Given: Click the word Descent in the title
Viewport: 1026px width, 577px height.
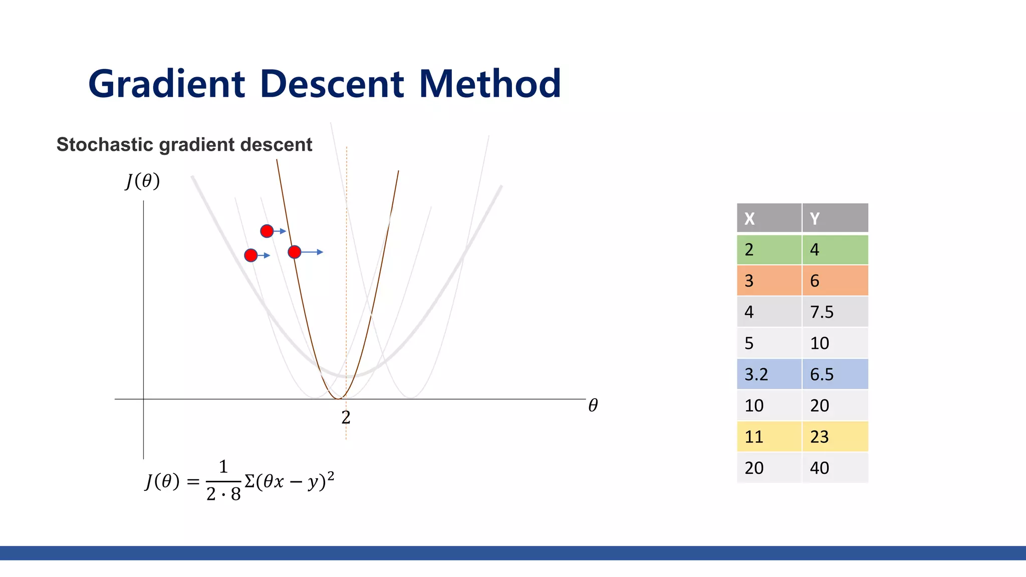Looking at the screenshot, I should tap(332, 84).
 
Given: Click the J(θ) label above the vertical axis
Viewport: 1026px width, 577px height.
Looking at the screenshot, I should tap(143, 181).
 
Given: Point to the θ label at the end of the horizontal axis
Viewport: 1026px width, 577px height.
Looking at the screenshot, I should tap(593, 405).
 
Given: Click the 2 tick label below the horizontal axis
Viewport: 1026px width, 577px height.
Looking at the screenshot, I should tap(346, 417).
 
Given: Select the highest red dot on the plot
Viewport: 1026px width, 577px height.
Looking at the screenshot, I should tap(267, 231).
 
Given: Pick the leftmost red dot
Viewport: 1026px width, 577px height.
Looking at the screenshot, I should tap(251, 255).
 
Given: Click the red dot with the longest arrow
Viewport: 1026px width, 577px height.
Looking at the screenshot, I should tap(295, 252).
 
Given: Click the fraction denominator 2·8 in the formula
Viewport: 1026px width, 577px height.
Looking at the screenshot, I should tap(223, 494).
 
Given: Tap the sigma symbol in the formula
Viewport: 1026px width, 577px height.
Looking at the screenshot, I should tap(249, 481).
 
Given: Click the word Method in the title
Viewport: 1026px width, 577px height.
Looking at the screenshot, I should tap(489, 84).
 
